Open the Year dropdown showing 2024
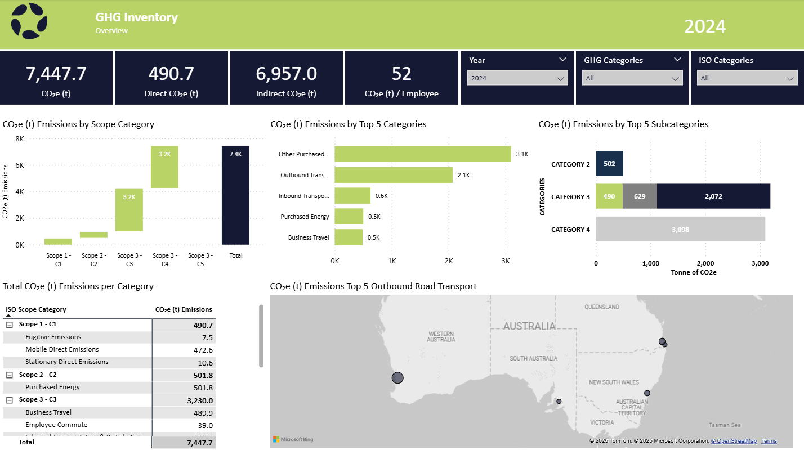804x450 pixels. pos(517,78)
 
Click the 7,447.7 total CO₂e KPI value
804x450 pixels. pos(56,74)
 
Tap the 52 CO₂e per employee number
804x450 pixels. pos(401,74)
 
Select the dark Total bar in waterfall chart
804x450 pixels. pos(235,195)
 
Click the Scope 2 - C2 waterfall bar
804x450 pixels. pos(93,235)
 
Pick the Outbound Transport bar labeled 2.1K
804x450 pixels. pos(394,175)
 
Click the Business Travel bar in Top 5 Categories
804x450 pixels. pos(349,237)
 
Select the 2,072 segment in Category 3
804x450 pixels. pos(713,196)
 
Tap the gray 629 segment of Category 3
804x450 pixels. pos(640,196)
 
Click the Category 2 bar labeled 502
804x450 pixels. pos(609,164)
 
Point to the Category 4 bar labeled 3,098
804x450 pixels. pos(680,229)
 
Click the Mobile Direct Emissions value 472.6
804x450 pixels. pos(202,350)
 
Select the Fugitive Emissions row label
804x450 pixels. pos(53,337)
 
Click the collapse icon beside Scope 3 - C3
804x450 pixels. pos(9,400)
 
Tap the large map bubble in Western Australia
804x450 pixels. pos(397,378)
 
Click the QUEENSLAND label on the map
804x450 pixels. pos(601,307)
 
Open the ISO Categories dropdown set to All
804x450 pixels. pos(747,78)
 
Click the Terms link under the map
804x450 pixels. pos(769,441)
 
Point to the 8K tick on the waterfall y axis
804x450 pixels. pos(19,139)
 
